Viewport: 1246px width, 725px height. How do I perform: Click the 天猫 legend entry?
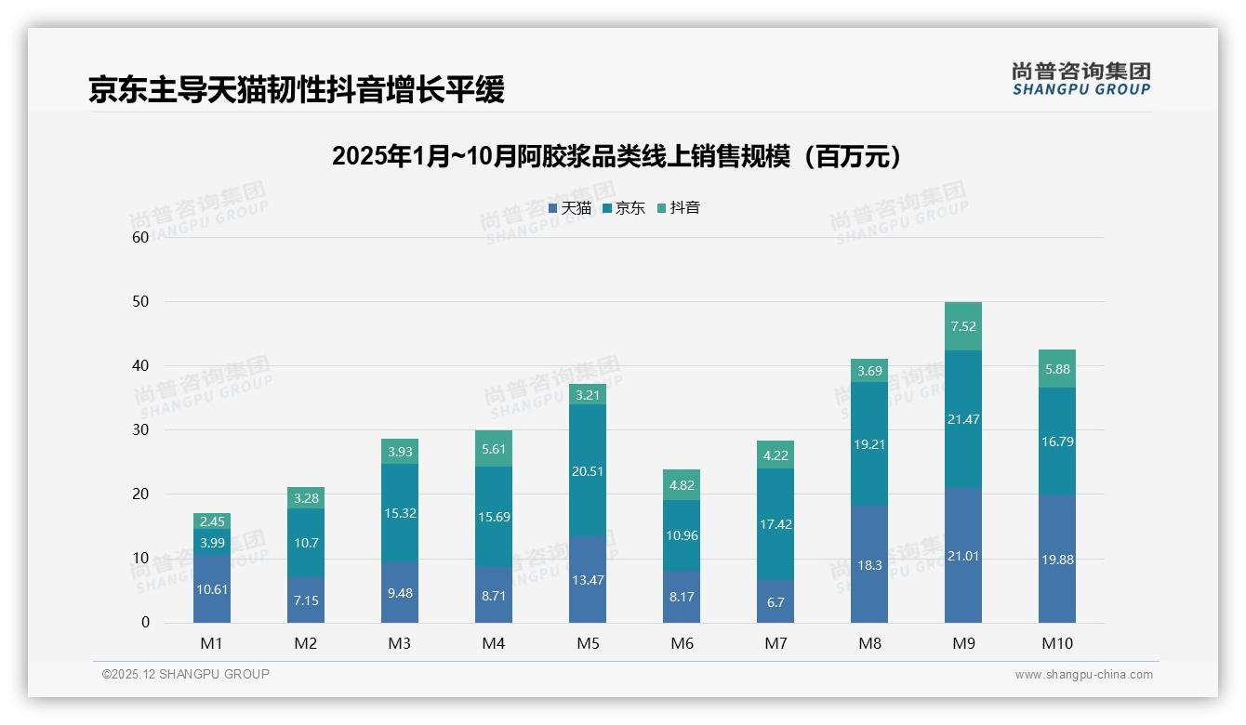point(570,208)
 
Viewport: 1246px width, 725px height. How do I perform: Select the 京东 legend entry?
point(624,208)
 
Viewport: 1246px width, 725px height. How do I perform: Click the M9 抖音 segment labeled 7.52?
point(963,326)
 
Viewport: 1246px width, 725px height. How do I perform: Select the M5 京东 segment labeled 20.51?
point(588,470)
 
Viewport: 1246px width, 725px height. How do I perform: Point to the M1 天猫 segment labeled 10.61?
point(212,589)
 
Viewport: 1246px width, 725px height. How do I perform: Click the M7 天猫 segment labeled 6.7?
point(775,601)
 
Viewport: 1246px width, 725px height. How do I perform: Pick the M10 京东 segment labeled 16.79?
point(1057,442)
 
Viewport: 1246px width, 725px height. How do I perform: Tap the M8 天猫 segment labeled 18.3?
point(869,564)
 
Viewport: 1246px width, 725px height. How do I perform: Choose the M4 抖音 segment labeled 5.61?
point(494,449)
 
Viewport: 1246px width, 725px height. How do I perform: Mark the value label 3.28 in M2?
point(306,498)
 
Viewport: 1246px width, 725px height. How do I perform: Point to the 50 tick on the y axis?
point(140,302)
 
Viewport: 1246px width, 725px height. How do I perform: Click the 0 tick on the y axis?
point(145,623)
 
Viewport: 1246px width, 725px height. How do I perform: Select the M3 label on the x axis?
point(400,643)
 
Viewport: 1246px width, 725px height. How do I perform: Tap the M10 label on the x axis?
point(1057,643)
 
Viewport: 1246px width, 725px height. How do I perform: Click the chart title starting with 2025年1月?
point(617,156)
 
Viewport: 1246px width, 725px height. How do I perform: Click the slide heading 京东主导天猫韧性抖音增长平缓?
point(297,90)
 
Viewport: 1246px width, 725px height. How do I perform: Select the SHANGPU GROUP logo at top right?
point(1080,79)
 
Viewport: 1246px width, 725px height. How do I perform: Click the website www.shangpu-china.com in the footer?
point(1083,675)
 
